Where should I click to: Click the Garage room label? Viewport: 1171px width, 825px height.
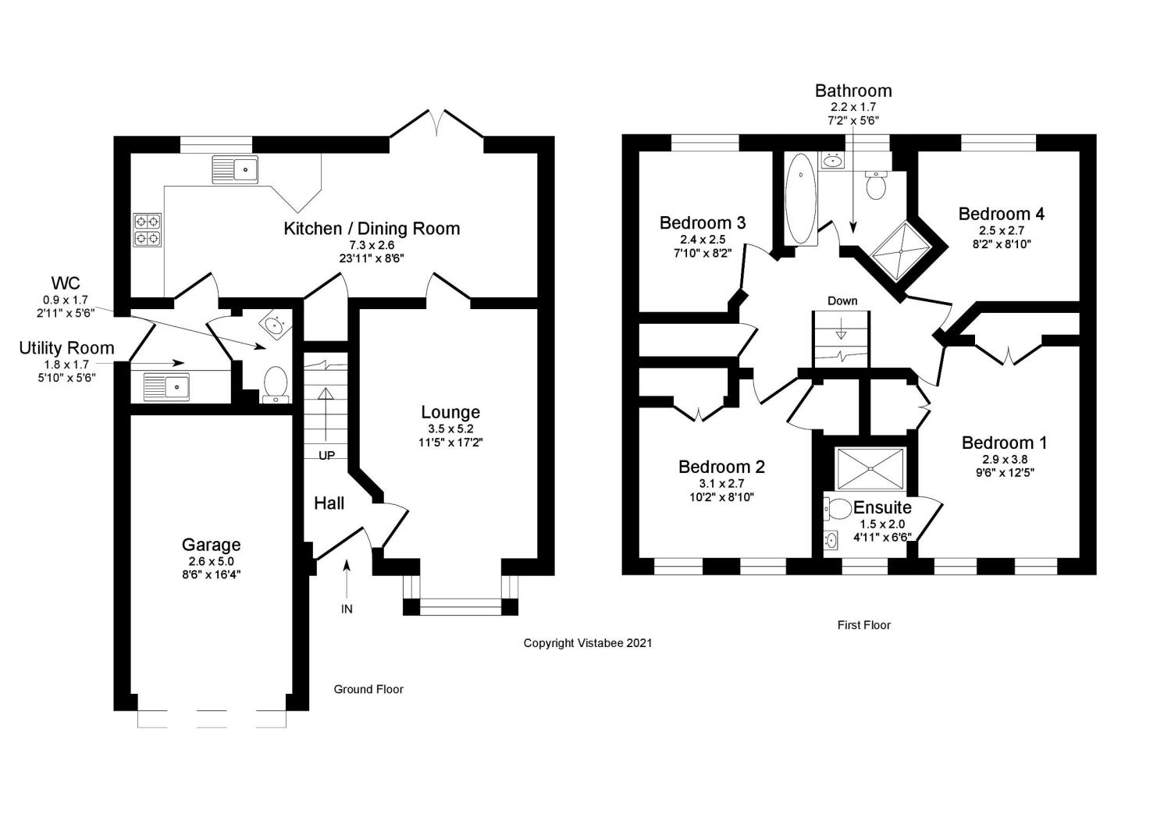click(211, 545)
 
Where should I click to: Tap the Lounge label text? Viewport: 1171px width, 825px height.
click(450, 412)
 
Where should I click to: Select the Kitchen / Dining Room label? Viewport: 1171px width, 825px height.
click(372, 229)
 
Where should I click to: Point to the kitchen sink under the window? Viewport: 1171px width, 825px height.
click(235, 169)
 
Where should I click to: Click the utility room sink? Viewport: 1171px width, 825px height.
click(166, 386)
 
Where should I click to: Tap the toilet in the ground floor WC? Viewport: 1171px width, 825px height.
click(275, 384)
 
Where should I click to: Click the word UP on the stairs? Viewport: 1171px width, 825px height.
click(326, 454)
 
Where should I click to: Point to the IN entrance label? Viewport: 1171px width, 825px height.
click(347, 609)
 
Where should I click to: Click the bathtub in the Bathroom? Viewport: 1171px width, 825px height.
click(800, 198)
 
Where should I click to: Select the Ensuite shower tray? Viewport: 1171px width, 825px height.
click(870, 470)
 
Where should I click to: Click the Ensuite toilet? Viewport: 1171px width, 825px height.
click(836, 509)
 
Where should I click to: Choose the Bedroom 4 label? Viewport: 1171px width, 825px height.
click(1001, 214)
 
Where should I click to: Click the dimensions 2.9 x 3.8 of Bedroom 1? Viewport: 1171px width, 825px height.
click(1004, 459)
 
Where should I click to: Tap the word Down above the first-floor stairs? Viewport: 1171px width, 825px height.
click(842, 300)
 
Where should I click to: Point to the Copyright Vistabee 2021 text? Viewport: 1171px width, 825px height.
click(587, 643)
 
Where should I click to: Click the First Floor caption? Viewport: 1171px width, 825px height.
click(863, 625)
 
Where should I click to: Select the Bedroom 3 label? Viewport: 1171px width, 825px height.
click(703, 223)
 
